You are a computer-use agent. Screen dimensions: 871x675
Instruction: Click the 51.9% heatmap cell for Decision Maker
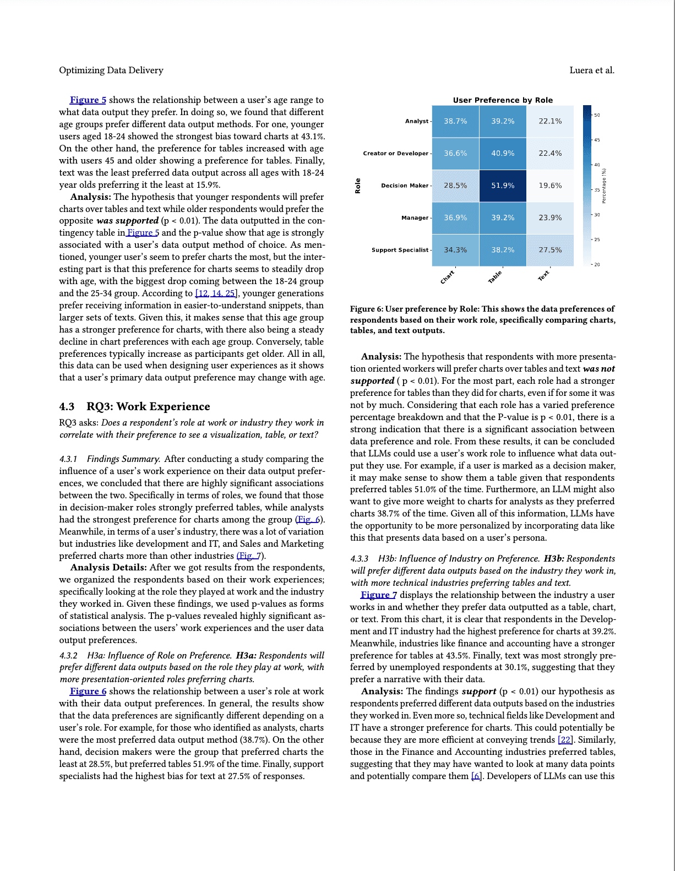(503, 186)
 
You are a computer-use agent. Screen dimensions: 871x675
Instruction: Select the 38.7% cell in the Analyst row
(455, 121)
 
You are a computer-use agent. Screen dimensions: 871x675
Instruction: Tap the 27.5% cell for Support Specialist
(550, 250)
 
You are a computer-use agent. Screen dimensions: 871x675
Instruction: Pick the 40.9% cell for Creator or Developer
(503, 154)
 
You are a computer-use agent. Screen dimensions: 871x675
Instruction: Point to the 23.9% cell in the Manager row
(550, 218)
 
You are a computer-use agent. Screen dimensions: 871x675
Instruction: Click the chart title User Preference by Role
(503, 100)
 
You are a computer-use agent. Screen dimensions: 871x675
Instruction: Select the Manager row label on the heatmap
(415, 218)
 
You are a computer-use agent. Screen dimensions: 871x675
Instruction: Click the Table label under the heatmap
(496, 277)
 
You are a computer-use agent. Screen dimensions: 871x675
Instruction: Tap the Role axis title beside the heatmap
(358, 186)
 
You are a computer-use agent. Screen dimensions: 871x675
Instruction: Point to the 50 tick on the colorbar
(597, 116)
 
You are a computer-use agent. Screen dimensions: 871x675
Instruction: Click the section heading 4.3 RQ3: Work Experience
(134, 406)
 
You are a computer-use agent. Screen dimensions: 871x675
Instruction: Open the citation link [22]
(565, 739)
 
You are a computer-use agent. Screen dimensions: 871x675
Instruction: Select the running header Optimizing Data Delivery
(111, 70)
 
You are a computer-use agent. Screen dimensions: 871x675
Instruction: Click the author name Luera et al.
(592, 70)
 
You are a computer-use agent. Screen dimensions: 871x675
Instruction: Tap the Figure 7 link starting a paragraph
(378, 595)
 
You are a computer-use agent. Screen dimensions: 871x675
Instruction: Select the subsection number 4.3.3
(360, 559)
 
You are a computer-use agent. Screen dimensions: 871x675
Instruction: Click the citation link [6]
(476, 776)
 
